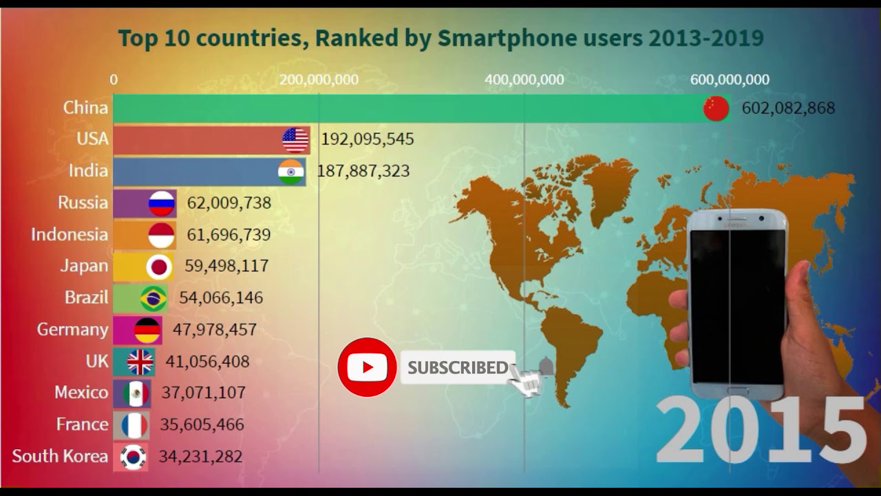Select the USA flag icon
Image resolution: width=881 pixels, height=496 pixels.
click(296, 140)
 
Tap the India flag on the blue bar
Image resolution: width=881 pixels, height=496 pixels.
click(291, 172)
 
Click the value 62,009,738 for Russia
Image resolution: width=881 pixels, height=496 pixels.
click(229, 203)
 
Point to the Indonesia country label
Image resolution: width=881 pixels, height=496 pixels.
click(69, 234)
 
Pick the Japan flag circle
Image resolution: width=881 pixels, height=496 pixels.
click(159, 267)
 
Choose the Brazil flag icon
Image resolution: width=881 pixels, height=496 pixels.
click(153, 298)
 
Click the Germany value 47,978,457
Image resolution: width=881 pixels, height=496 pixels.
click(214, 329)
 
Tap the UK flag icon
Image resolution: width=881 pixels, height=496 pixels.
click(140, 362)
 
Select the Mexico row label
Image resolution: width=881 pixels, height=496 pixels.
click(81, 393)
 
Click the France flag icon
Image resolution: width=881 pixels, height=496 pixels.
click(134, 425)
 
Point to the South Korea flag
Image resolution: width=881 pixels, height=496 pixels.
click(133, 457)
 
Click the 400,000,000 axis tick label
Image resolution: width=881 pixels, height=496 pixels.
click(524, 80)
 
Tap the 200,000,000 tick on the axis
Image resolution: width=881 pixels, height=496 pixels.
click(319, 80)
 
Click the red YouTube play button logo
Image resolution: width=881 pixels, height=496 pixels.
click(367, 367)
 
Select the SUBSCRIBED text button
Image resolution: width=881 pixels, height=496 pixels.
click(457, 368)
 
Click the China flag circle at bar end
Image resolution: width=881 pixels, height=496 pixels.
click(716, 109)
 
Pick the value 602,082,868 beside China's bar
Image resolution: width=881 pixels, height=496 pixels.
click(788, 108)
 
